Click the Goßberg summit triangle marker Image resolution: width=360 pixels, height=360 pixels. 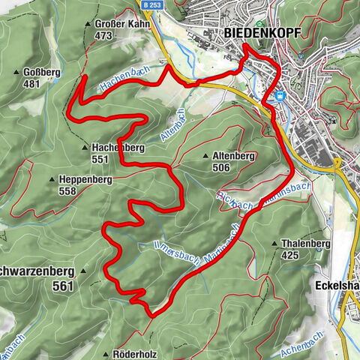point(16,73)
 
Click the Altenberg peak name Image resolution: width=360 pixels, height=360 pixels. point(235,156)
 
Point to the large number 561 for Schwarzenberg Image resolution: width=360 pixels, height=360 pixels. point(65,286)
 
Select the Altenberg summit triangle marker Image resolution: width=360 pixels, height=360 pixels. point(205,156)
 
